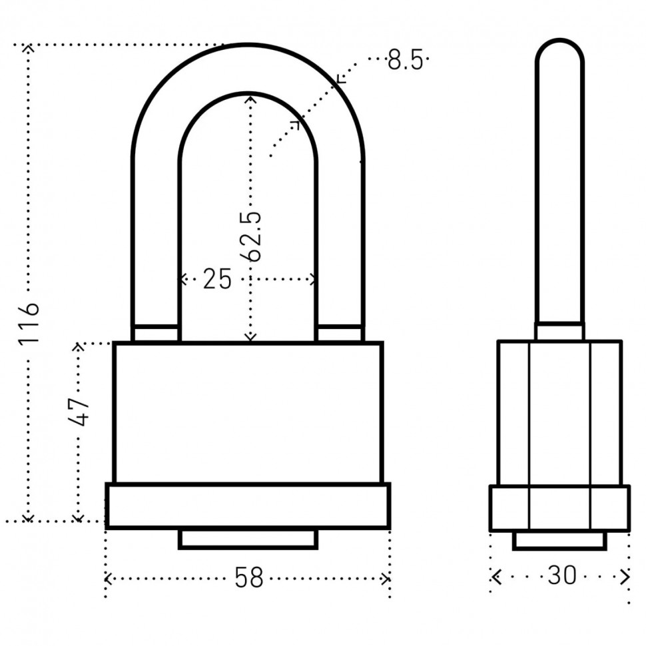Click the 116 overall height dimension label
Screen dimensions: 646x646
pyautogui.click(x=29, y=323)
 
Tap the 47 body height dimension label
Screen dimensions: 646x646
pyautogui.click(x=79, y=411)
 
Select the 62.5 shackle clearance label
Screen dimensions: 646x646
pyautogui.click(x=250, y=236)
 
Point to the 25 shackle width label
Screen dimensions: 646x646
pyautogui.click(x=217, y=279)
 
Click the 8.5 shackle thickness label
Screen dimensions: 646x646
pyautogui.click(x=406, y=60)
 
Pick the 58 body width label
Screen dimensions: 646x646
pyautogui.click(x=249, y=577)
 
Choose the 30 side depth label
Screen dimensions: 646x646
pyautogui.click(x=562, y=575)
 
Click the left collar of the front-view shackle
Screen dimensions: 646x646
pyautogui.click(x=156, y=333)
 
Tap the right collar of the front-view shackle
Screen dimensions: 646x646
pyautogui.click(x=340, y=333)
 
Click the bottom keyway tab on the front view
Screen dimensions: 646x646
pyautogui.click(x=248, y=539)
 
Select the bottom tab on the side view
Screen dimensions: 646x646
pyautogui.click(x=559, y=541)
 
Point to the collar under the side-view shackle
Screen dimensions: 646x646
pyautogui.click(x=559, y=331)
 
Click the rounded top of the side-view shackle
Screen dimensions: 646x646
pyautogui.click(x=559, y=51)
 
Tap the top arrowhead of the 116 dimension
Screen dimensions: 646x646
pyautogui.click(x=28, y=47)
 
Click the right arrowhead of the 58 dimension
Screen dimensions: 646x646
pyautogui.click(x=386, y=579)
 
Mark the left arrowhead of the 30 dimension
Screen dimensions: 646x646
pyautogui.click(x=496, y=577)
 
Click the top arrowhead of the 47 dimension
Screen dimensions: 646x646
pyautogui.click(x=79, y=346)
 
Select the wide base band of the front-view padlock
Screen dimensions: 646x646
pyautogui.click(x=248, y=506)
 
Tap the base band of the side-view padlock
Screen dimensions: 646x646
pyautogui.click(x=559, y=508)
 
